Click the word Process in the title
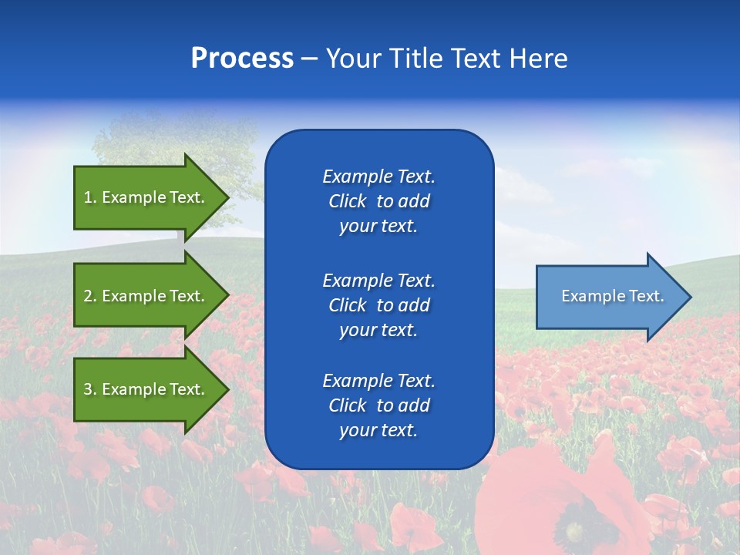(x=242, y=59)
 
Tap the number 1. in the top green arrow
(x=89, y=197)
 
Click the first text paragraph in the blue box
(x=378, y=201)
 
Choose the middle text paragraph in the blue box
(x=378, y=304)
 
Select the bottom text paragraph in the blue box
(x=378, y=405)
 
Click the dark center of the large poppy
(x=574, y=532)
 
